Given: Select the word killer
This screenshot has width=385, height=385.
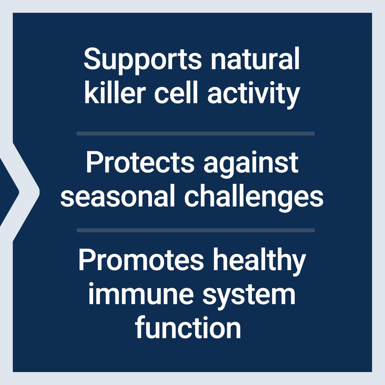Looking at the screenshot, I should tap(114, 94).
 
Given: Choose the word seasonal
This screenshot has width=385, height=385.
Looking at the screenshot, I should tap(118, 197).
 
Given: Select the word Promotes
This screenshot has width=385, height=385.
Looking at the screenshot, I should tap(142, 261).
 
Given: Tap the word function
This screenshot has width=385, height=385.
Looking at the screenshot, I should tap(188, 327).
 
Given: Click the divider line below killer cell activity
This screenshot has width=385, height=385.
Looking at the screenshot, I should tap(195, 133).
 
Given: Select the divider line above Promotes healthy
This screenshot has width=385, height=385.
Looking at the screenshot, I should tap(195, 230).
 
